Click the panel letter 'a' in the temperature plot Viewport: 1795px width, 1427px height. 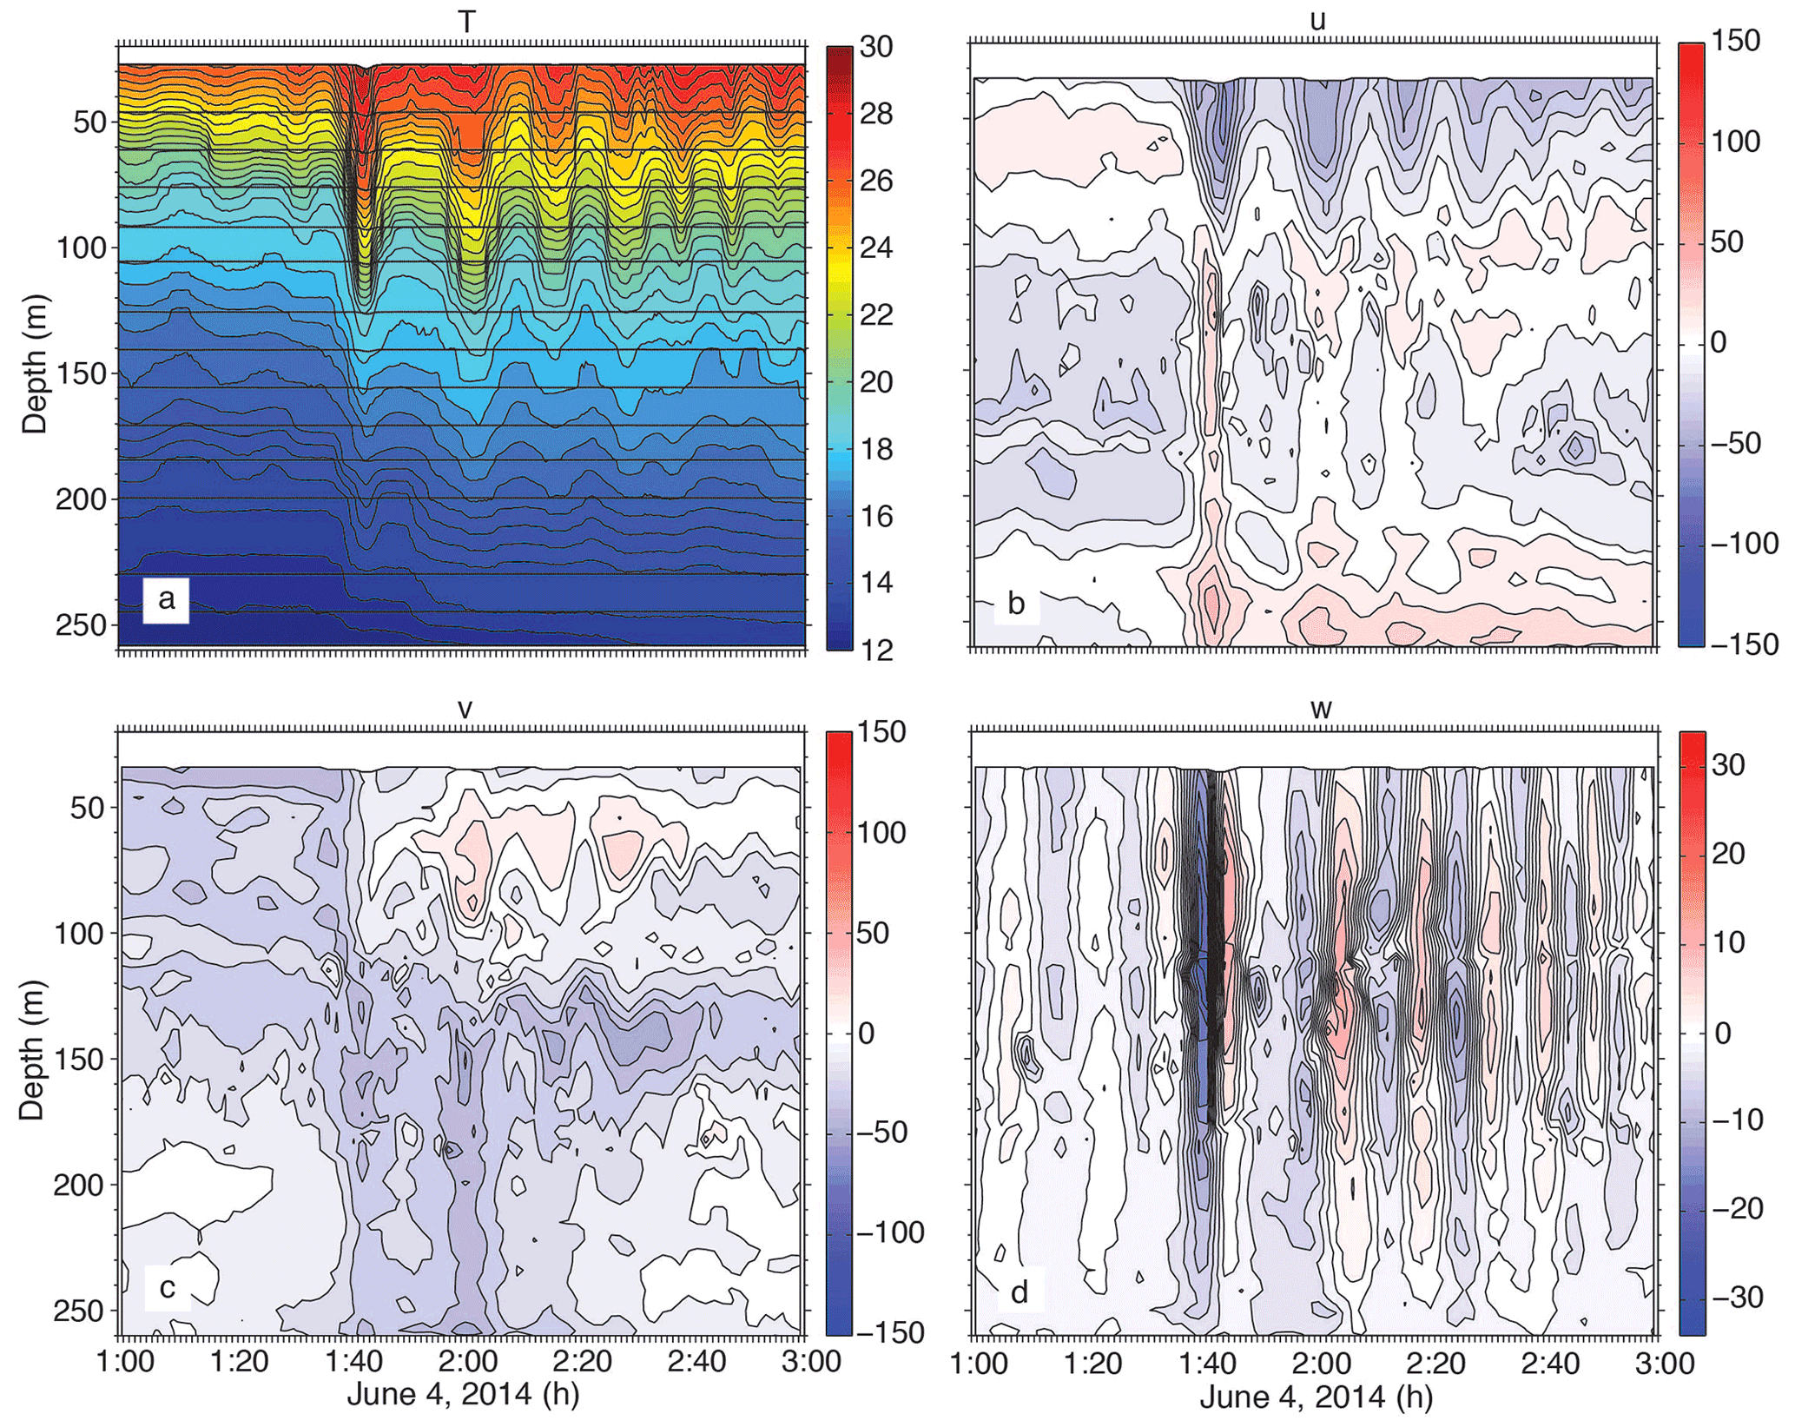point(166,598)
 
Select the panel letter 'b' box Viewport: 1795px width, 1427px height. point(1015,603)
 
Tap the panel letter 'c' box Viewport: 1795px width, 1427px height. point(168,1286)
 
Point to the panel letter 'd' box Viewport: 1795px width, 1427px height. point(1020,1292)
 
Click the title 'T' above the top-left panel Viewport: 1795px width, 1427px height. point(467,22)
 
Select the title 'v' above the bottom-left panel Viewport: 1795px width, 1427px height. point(465,709)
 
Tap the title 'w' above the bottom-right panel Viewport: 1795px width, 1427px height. point(1320,709)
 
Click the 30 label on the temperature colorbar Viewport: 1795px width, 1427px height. point(876,47)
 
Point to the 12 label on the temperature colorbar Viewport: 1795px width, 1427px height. point(876,650)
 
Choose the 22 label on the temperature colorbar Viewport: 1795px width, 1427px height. point(876,314)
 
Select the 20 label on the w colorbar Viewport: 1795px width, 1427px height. point(1728,853)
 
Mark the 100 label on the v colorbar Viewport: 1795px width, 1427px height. point(881,833)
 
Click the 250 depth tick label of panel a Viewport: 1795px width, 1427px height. point(81,625)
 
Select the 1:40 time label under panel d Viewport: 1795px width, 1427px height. point(1206,1363)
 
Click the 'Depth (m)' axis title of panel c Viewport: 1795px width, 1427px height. point(32,1051)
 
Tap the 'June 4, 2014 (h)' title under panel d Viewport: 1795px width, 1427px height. point(1316,1397)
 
